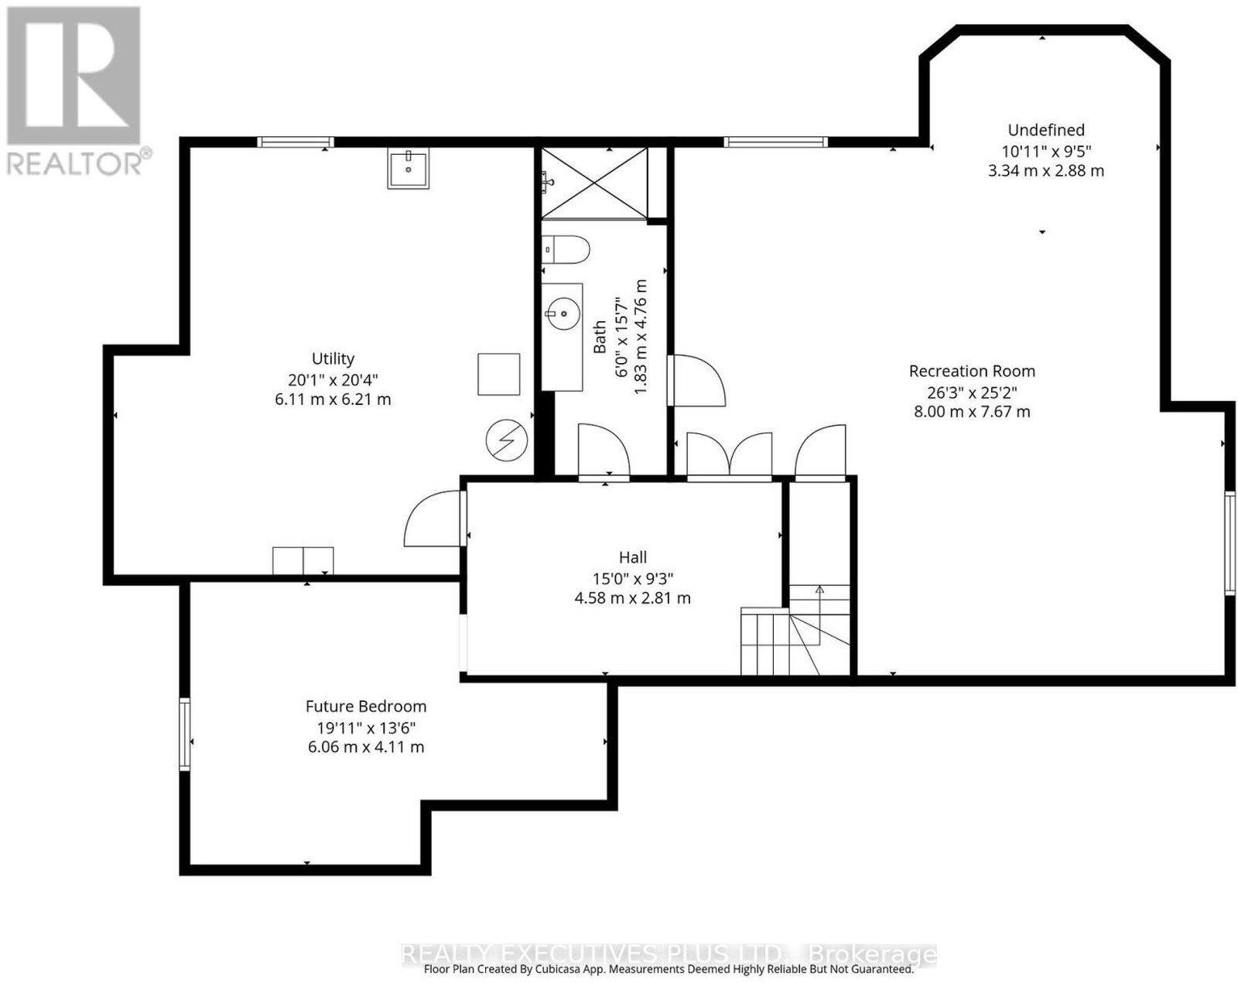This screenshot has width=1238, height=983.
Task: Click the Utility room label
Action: [333, 358]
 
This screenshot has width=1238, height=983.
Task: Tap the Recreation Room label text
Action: [972, 372]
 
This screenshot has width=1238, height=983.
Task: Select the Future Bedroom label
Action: [366, 706]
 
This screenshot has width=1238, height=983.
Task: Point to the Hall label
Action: [633, 557]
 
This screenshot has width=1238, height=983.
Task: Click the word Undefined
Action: [1046, 130]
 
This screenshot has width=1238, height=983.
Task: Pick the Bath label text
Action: [600, 337]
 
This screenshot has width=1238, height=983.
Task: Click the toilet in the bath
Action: [566, 249]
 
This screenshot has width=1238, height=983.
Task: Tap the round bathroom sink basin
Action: [563, 313]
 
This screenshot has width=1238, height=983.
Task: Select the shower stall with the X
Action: [595, 183]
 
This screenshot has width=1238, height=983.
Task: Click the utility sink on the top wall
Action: [408, 168]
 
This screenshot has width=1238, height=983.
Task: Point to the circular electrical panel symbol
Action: [507, 440]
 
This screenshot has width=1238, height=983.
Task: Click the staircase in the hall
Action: [795, 629]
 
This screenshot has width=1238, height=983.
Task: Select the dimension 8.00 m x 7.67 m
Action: [972, 412]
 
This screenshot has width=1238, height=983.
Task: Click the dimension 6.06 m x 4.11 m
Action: [366, 747]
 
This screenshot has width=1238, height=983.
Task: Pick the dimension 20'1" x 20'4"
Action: [333, 379]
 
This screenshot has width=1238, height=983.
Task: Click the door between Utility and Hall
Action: [434, 518]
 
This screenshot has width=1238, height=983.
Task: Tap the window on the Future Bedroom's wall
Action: [185, 734]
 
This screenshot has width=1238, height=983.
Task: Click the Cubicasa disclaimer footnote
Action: [669, 969]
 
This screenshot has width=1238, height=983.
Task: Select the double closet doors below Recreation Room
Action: [730, 454]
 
